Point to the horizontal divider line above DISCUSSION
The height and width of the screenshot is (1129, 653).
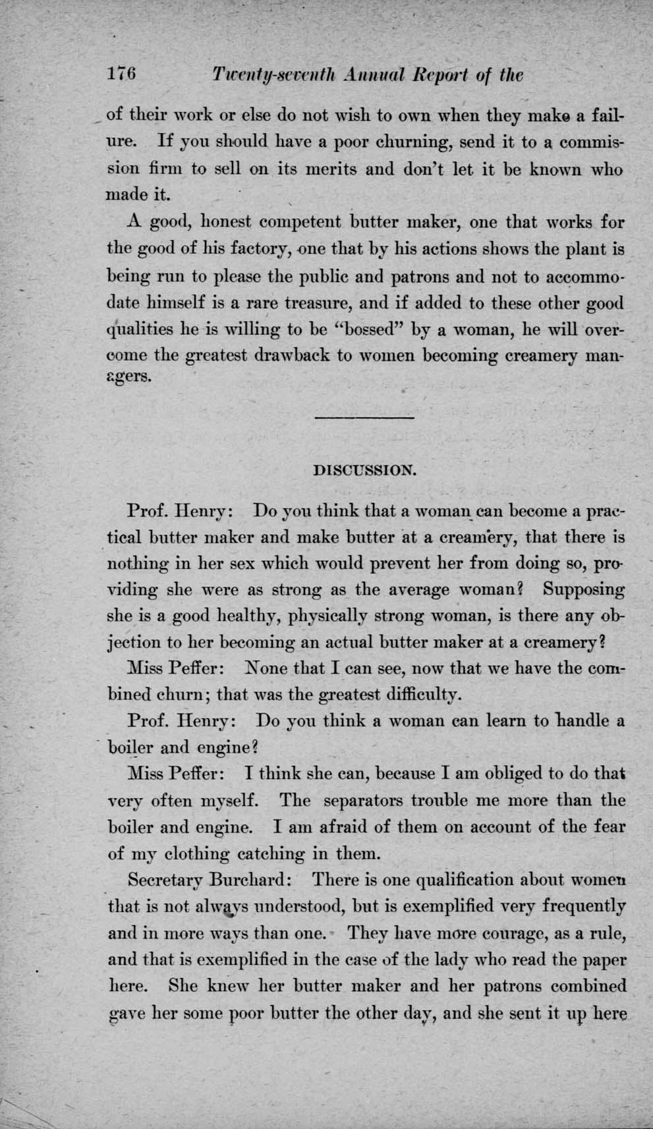(364, 417)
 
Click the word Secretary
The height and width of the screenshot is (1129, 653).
(162, 880)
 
